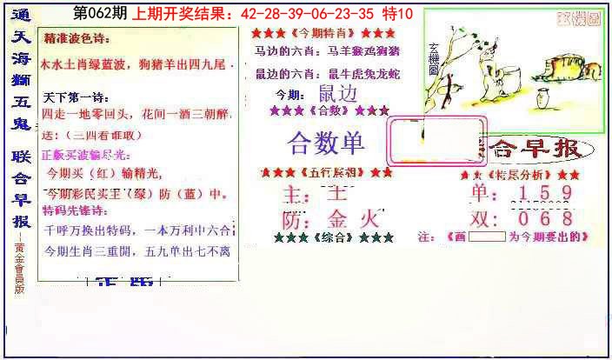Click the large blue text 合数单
click(x=326, y=143)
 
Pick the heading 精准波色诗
click(x=77, y=40)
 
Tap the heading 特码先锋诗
click(x=77, y=210)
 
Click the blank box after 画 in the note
click(x=487, y=237)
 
